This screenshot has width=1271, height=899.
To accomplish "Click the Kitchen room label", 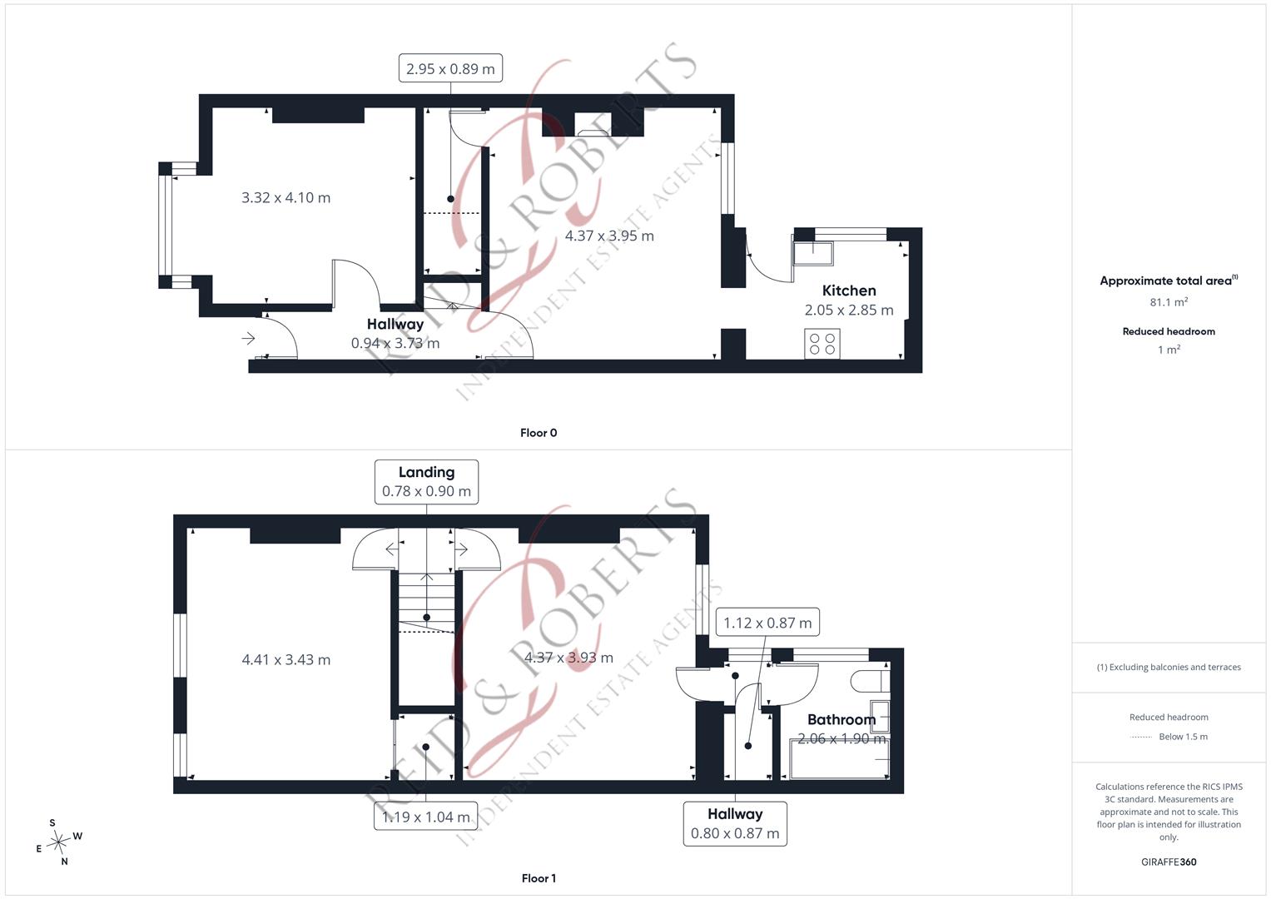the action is [x=849, y=291].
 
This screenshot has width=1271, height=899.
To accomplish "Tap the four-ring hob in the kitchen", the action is [x=822, y=344].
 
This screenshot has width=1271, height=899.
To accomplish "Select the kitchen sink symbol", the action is [x=813, y=254].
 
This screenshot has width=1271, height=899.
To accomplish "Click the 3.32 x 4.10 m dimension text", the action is [x=286, y=197].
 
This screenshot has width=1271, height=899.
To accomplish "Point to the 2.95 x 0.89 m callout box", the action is [x=450, y=68].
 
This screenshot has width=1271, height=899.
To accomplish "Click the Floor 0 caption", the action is [x=539, y=433].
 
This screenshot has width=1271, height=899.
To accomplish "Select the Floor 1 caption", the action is [x=539, y=878].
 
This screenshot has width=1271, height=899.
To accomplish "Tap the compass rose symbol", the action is [x=58, y=842].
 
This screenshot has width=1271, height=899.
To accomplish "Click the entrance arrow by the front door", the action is [x=249, y=339].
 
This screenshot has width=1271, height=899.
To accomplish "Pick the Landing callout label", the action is [x=427, y=472].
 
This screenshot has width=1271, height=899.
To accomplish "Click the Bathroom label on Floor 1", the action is [x=842, y=720].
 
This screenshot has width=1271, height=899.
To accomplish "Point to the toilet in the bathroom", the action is [x=870, y=681].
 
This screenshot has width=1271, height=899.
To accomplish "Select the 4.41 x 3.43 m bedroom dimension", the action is [x=286, y=659].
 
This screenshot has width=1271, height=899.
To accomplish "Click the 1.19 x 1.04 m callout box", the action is [x=425, y=817].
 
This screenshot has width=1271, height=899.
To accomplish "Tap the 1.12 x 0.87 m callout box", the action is [x=767, y=623].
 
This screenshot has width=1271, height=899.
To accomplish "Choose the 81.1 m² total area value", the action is [x=1169, y=302].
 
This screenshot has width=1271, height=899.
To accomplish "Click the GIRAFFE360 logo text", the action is [x=1169, y=862].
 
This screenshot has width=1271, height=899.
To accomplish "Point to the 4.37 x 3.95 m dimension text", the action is [x=609, y=236].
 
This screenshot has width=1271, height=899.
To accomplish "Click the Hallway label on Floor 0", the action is [x=395, y=324].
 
